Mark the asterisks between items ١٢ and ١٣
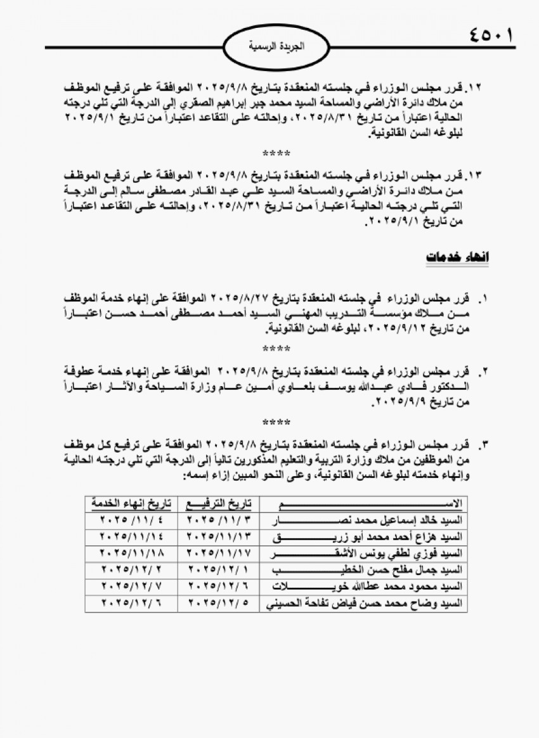coord(277,153)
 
